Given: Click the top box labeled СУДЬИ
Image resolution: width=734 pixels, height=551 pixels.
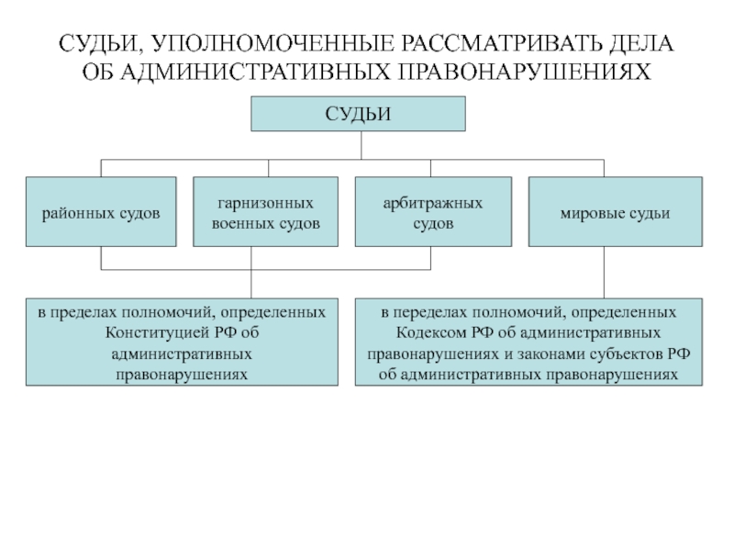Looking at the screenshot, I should pyautogui.click(x=359, y=114).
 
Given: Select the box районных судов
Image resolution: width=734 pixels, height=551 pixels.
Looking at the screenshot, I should pyautogui.click(x=101, y=212).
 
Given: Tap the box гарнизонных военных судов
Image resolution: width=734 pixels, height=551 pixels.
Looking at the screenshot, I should pyautogui.click(x=269, y=212).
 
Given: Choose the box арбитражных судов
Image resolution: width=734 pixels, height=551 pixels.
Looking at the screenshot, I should pyautogui.click(x=430, y=212).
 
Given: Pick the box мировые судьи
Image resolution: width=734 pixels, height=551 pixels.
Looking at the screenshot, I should pyautogui.click(x=603, y=212).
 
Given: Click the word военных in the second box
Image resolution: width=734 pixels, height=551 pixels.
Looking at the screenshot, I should pyautogui.click(x=243, y=223).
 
